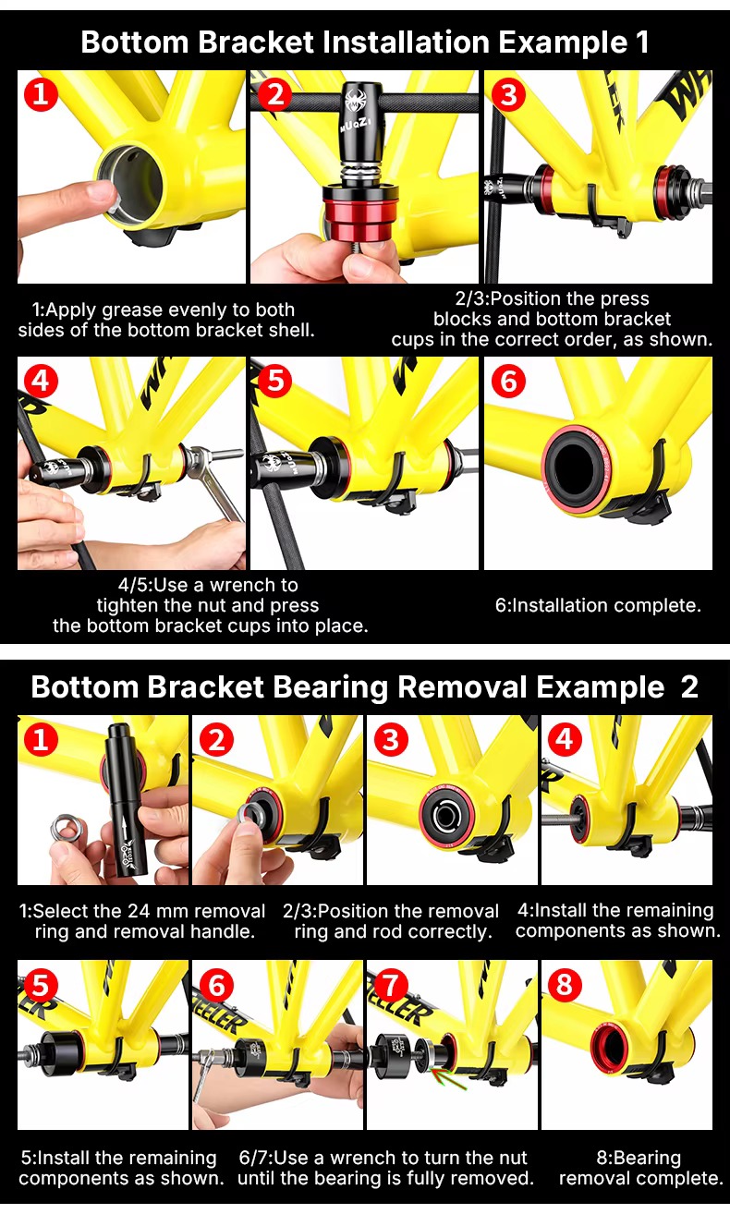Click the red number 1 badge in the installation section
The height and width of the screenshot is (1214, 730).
(x=41, y=95)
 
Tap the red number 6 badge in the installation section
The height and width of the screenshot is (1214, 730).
(x=508, y=381)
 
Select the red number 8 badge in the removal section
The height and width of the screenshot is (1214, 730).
(x=565, y=983)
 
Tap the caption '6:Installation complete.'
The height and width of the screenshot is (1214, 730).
(x=598, y=605)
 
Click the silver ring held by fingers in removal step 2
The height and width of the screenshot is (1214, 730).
(x=249, y=813)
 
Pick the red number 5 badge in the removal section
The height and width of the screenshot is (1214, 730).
(x=41, y=984)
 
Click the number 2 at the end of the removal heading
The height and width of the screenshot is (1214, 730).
(x=688, y=687)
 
